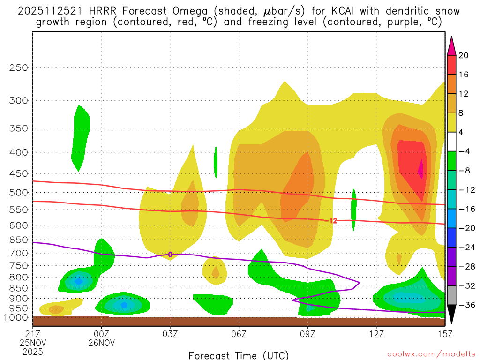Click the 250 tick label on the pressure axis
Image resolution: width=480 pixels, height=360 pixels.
(19, 67)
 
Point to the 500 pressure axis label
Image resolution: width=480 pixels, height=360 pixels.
(19, 192)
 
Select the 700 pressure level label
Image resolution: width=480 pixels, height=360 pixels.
(19, 253)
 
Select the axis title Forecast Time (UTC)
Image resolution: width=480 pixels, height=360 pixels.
(239, 355)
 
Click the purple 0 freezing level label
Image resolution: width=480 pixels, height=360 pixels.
(170, 255)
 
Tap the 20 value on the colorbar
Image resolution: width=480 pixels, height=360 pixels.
(464, 55)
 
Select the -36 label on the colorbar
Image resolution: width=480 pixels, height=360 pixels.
(464, 305)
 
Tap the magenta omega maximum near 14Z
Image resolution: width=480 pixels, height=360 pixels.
(420, 170)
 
